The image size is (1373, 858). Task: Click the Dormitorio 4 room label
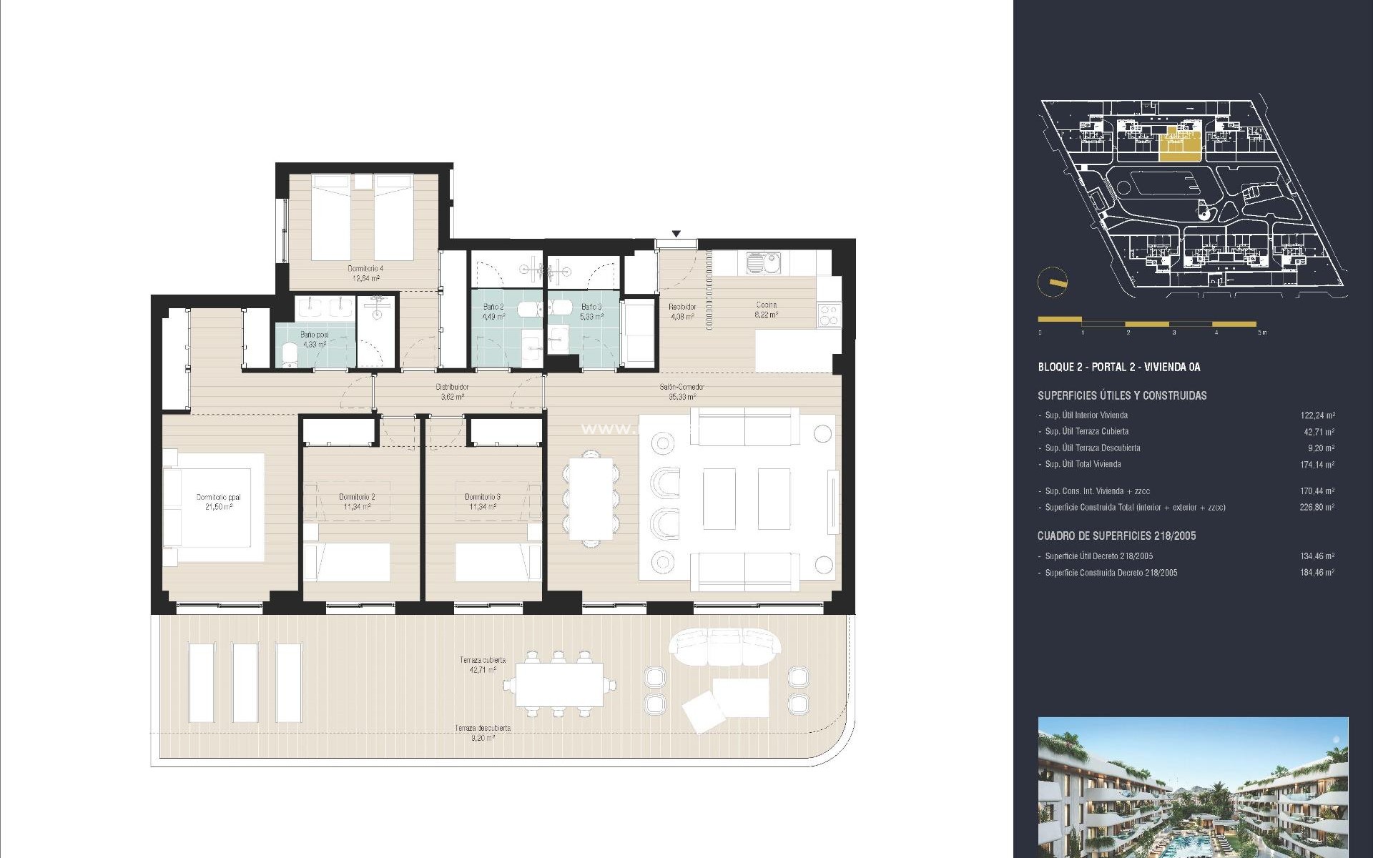tap(364, 273)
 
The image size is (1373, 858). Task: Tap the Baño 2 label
tap(493, 311)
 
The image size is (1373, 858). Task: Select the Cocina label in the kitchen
tap(766, 309)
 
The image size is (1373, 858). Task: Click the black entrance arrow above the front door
tap(676, 234)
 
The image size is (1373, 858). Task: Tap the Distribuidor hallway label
tap(452, 391)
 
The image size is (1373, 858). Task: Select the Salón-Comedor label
tap(681, 391)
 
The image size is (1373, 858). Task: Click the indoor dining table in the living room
tap(591, 498)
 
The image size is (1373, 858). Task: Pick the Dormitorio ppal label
tap(219, 501)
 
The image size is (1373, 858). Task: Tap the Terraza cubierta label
tap(483, 664)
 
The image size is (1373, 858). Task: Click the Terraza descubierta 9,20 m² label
tap(483, 732)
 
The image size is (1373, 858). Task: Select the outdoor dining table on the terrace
tap(559, 685)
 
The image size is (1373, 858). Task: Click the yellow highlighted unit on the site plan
tap(1181, 145)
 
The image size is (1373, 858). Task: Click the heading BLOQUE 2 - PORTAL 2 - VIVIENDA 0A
tap(1118, 368)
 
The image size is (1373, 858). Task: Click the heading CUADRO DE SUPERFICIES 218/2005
tap(1116, 536)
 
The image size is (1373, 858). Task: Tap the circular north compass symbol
tap(1052, 282)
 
